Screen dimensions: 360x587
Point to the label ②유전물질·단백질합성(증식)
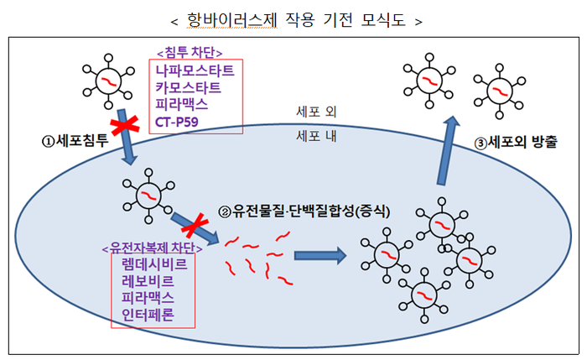point(299,212)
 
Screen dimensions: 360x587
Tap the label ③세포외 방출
point(515,143)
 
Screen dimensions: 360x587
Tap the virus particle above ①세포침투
point(108,80)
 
